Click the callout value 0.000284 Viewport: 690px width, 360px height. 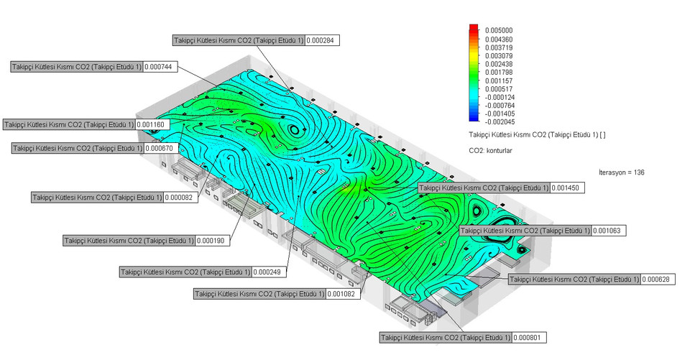click(x=322, y=40)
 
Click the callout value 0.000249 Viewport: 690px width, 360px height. click(x=269, y=272)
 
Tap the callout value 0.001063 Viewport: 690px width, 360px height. click(x=608, y=231)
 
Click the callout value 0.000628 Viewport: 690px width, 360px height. click(x=657, y=279)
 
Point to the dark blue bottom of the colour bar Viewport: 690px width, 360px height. click(x=473, y=121)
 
